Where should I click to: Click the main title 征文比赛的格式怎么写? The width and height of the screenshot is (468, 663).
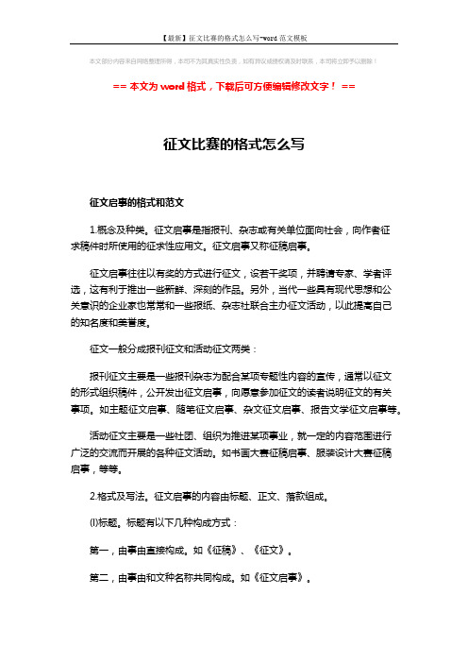point(233,144)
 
